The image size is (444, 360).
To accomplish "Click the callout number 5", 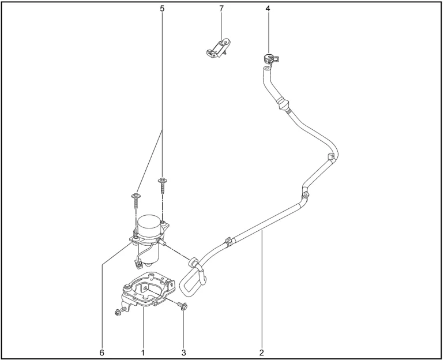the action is [162, 9].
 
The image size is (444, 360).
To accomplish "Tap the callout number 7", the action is [221, 9].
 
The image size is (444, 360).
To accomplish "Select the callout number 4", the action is [268, 9].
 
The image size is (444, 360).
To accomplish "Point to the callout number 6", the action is [102, 352].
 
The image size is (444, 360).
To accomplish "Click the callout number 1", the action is [143, 352].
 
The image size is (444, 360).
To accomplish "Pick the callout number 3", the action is [184, 352].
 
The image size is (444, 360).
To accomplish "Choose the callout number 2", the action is [261, 352].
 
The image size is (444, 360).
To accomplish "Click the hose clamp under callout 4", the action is [270, 59].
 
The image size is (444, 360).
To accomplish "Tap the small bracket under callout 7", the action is [217, 48].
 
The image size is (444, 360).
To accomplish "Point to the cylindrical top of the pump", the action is [149, 226].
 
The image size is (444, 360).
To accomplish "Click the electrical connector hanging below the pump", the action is [138, 264].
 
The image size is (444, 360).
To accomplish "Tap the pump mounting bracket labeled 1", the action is [147, 290].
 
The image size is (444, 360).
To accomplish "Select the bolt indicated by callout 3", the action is [182, 306].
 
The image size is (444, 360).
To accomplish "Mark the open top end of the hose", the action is [266, 68].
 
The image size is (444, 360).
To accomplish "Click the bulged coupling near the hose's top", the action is [282, 103].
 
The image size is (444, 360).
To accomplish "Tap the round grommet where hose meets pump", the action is [193, 262].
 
